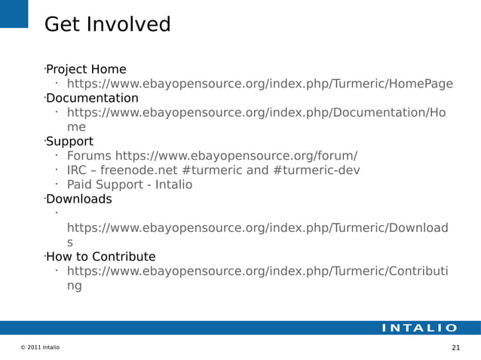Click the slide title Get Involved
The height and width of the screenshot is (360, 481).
pos(107,25)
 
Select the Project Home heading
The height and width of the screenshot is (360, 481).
pos(86,70)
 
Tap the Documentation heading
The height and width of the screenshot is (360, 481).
pos(92,99)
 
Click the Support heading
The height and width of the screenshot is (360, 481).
pos(69,142)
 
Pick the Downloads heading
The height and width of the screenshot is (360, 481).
pos(78,200)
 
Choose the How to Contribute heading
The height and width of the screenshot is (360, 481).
pos(100,257)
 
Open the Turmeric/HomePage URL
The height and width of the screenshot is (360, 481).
pos(259,84)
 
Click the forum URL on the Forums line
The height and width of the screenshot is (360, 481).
pos(236,156)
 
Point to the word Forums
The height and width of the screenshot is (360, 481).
pos(89,156)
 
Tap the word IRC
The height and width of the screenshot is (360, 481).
pos(77,170)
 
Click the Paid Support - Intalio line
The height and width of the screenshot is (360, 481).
pos(129,185)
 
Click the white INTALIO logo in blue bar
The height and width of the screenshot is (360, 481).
pos(418,328)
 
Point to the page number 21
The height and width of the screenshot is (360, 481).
pos(455,347)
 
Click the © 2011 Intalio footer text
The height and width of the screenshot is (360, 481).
pos(41,347)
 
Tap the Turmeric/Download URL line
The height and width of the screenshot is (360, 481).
pos(257,227)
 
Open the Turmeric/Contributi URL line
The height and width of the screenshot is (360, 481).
pos(257,271)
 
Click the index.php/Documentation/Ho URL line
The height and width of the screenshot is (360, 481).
pos(256,113)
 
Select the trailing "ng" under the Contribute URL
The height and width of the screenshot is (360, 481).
pos(74,285)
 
